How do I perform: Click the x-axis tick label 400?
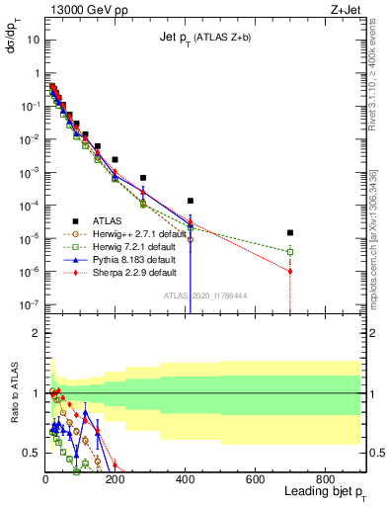tap(185, 478)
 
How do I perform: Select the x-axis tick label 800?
tap(325, 478)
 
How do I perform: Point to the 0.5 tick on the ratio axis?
tap(32, 453)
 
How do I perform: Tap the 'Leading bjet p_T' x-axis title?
tap(322, 492)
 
